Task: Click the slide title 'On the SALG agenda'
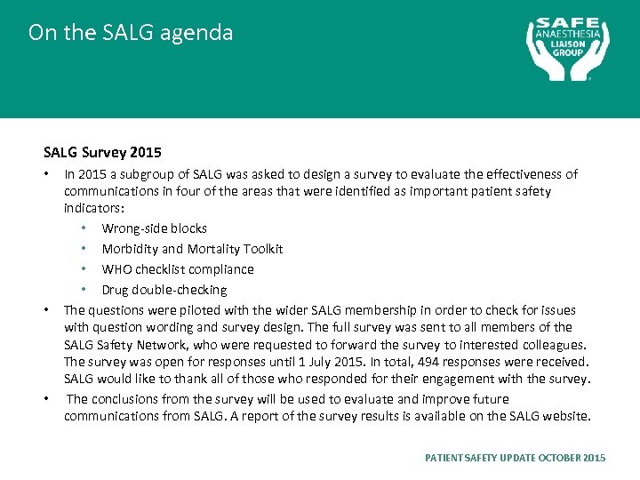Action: tap(130, 33)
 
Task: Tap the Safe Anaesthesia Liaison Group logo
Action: tap(568, 49)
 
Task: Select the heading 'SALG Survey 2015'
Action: tap(102, 152)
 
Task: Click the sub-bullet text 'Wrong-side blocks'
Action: tap(154, 228)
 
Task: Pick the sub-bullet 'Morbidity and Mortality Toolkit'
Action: tap(192, 249)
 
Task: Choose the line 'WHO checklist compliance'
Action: tap(178, 269)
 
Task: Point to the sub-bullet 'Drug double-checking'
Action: tap(164, 290)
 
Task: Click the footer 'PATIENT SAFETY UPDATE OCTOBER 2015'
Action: tap(516, 458)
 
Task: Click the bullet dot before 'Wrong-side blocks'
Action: tap(84, 229)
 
